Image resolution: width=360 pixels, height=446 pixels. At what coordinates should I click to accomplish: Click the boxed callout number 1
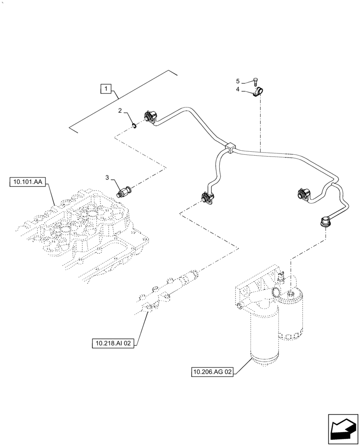[106, 89]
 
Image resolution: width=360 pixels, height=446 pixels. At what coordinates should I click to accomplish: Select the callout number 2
[120, 111]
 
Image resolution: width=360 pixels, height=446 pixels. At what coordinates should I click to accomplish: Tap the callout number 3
[107, 178]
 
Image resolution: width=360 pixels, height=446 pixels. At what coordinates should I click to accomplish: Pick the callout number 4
[238, 89]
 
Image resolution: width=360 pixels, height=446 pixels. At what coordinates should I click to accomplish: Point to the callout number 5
[238, 81]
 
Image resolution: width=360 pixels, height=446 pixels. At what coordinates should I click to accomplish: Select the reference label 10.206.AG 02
[212, 372]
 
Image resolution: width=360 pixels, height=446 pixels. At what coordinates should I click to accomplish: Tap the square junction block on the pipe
[230, 147]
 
